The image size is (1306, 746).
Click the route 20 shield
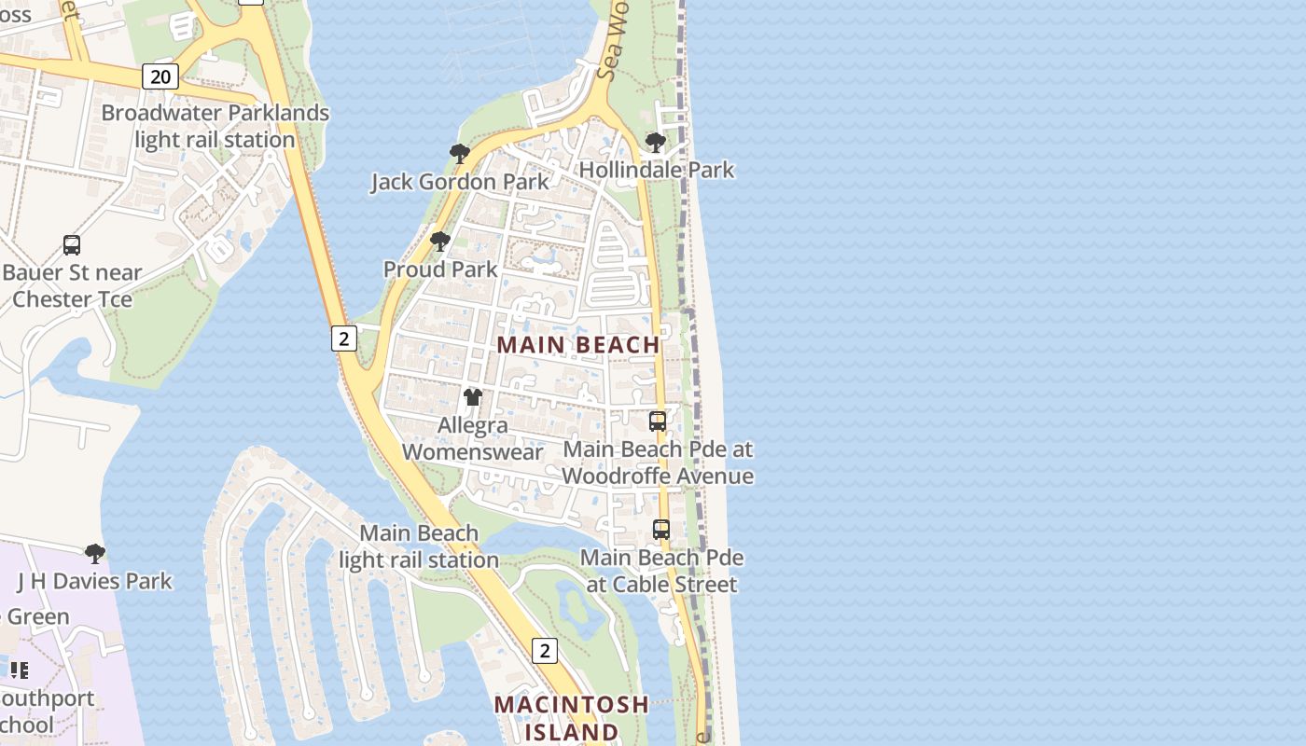(160, 76)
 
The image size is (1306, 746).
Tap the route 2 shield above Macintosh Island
(545, 650)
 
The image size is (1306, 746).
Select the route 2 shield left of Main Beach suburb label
(343, 338)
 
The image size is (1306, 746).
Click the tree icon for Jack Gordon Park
(459, 153)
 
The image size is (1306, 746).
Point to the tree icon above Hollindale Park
(656, 142)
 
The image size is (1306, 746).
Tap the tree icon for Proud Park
(440, 242)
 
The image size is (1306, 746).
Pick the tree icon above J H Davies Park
(94, 553)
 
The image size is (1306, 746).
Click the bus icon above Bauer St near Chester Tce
(72, 245)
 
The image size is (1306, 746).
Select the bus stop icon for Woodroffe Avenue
(658, 421)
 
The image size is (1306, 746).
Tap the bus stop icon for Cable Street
(661, 529)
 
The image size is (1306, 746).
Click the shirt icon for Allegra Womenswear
(473, 397)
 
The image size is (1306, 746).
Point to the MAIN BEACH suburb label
(578, 345)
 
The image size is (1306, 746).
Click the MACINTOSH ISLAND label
(571, 717)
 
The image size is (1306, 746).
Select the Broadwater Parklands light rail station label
(215, 126)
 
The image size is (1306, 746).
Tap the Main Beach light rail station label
(419, 546)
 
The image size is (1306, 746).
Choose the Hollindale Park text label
(657, 170)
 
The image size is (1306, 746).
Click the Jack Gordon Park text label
(460, 181)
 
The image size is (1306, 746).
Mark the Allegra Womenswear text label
(473, 438)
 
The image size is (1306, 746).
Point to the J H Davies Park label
(94, 581)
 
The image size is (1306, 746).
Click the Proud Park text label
(440, 269)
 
